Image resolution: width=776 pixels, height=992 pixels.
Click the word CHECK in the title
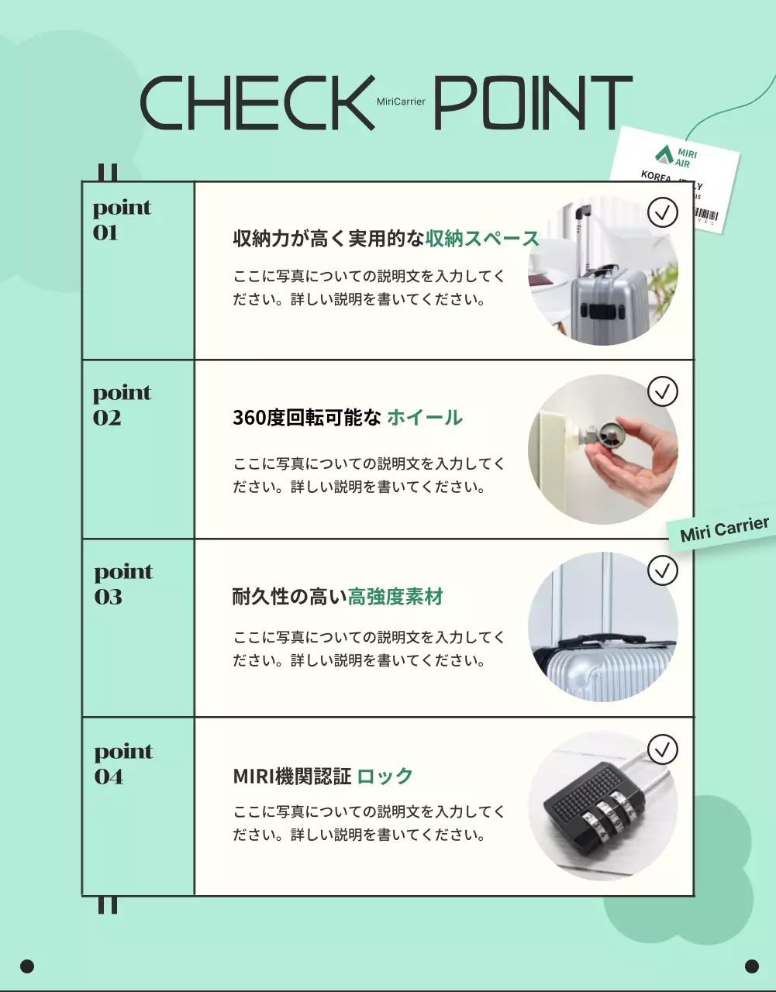257,102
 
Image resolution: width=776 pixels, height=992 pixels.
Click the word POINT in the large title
533,102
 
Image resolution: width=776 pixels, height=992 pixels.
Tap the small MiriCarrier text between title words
401,102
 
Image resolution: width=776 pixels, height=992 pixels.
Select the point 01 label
122,220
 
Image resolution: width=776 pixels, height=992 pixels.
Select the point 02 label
122,405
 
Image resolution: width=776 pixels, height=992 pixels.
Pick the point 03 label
123,584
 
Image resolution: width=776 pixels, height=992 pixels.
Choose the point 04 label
123,764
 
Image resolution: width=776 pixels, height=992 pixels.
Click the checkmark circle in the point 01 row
662,212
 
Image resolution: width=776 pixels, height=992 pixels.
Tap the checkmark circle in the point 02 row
662,391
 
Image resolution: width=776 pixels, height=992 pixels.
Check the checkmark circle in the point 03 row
662,571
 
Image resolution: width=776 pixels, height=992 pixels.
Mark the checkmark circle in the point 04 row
662,749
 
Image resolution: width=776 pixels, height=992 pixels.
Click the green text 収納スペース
481,239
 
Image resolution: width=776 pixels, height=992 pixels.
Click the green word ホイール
424,418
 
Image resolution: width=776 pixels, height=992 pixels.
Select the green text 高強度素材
395,597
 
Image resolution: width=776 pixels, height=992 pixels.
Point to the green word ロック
385,776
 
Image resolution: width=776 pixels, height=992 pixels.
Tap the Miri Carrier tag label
724,529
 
